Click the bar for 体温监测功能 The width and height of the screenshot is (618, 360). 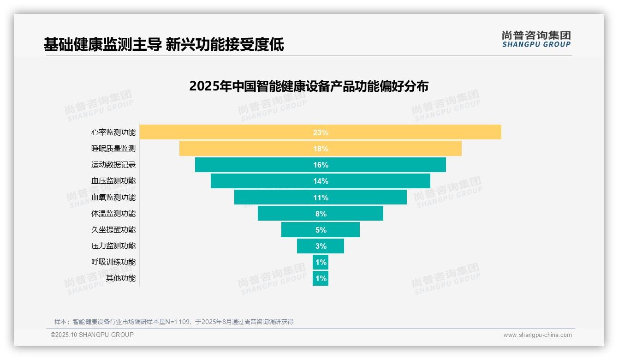(286, 213)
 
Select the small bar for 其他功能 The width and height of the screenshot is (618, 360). (321, 278)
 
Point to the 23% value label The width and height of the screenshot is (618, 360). (321, 132)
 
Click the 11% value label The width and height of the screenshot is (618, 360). (321, 198)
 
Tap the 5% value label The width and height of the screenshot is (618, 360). (321, 230)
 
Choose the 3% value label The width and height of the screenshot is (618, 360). (321, 246)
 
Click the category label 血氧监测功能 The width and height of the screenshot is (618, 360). (113, 198)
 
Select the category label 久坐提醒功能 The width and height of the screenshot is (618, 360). (113, 230)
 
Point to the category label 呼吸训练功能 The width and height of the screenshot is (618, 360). (113, 262)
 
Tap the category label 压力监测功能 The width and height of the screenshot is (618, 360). (113, 246)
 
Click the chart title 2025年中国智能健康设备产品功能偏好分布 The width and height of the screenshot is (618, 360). (309, 86)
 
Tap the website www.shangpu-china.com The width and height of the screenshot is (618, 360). (537, 335)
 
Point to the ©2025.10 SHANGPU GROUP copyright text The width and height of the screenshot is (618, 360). (92, 335)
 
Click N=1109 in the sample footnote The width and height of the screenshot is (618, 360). (177, 322)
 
